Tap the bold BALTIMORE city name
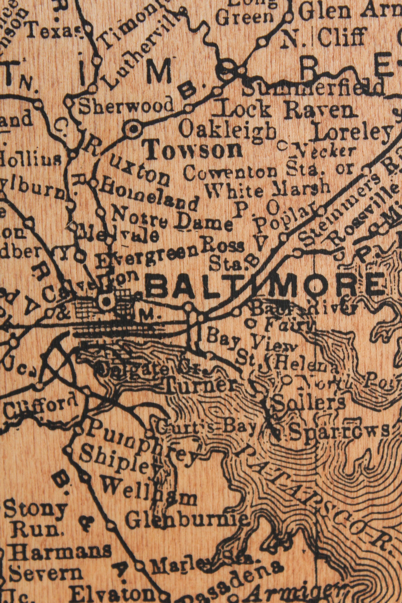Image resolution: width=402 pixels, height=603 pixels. [266, 285]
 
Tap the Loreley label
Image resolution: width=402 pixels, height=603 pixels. [352, 132]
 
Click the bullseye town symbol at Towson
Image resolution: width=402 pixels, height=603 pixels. [134, 128]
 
